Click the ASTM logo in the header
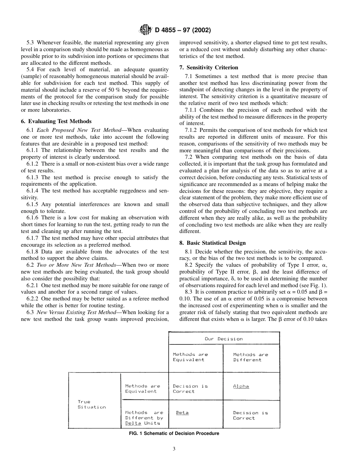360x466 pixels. (x=146, y=30)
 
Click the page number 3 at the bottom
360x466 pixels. (x=174, y=449)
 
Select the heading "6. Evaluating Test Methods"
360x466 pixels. (x=56, y=121)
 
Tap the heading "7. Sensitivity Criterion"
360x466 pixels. (x=209, y=67)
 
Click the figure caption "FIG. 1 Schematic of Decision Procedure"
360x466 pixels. (x=174, y=433)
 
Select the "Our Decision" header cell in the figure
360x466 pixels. (x=224, y=339)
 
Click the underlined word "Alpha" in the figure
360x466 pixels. (x=241, y=386)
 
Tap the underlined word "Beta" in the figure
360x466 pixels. (x=182, y=413)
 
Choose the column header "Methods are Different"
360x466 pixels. (x=250, y=357)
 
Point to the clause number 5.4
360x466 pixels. (x=30, y=69)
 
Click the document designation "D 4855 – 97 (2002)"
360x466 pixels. (x=183, y=30)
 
